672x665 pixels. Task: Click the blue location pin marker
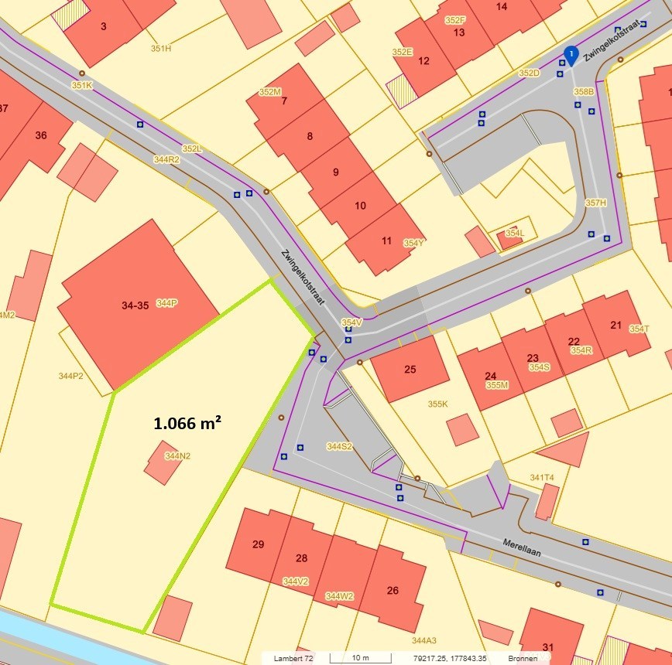(571, 55)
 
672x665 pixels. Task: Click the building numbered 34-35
(135, 305)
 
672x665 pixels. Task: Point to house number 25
(410, 369)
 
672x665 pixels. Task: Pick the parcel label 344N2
(177, 456)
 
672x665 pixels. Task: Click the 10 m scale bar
(360, 658)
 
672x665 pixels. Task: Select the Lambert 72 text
(293, 658)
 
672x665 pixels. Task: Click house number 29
(259, 544)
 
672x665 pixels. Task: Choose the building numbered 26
(393, 591)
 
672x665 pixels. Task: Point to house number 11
(386, 240)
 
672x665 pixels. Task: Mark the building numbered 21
(616, 325)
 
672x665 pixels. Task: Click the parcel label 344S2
(339, 446)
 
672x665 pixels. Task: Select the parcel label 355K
(438, 404)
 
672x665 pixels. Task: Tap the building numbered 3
(103, 26)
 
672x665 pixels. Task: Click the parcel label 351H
(161, 49)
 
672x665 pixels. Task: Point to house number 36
(41, 135)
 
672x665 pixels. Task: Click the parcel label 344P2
(70, 376)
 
